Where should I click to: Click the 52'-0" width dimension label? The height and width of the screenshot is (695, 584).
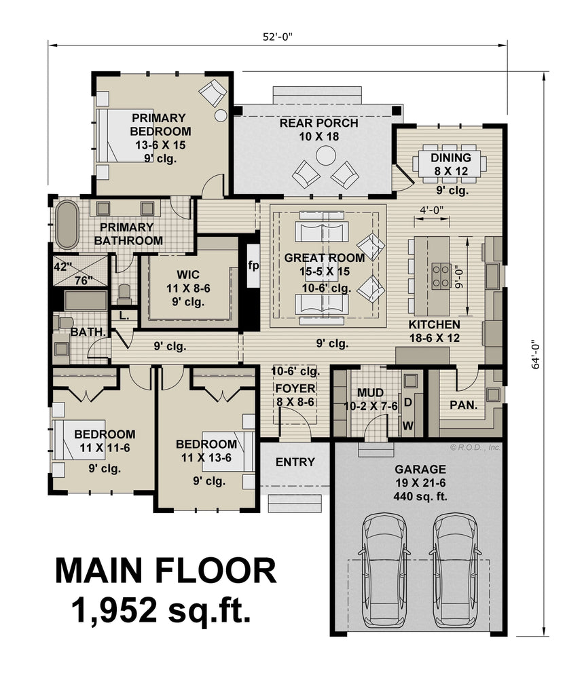click(278, 37)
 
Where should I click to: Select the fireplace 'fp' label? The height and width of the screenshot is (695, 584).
click(253, 265)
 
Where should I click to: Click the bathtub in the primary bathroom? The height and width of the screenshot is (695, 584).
click(67, 225)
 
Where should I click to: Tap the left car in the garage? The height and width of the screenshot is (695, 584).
click(384, 570)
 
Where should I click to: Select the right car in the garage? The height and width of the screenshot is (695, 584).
click(456, 570)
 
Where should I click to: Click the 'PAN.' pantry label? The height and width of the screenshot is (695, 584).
click(463, 405)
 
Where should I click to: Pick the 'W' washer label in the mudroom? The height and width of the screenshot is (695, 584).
click(408, 426)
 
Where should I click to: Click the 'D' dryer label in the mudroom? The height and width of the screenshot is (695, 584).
click(408, 402)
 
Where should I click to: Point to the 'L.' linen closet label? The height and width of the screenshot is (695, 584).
click(124, 316)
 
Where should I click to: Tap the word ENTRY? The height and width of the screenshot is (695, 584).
click(295, 462)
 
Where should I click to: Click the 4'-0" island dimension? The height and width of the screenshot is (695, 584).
click(432, 210)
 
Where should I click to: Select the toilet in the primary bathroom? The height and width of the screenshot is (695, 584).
click(124, 293)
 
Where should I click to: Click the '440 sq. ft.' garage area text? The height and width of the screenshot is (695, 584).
click(420, 496)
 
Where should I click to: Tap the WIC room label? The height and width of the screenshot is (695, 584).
click(188, 274)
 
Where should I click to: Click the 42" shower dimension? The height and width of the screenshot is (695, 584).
click(63, 267)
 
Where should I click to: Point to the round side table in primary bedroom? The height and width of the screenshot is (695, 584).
click(221, 115)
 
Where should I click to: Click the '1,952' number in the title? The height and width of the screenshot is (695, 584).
click(114, 609)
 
